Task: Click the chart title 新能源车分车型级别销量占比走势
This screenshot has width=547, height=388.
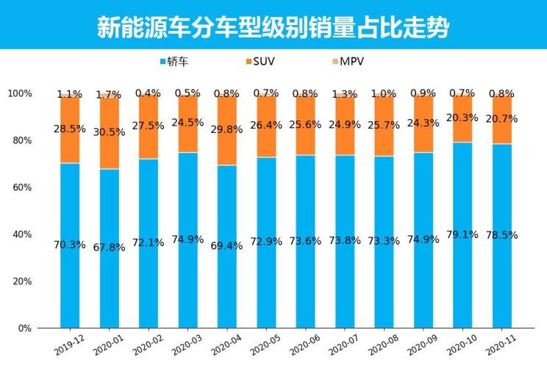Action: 273,26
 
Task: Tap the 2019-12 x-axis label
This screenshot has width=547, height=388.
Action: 69,342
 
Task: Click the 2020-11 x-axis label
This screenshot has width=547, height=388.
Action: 501,342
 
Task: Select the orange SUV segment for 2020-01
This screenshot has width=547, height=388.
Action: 109,132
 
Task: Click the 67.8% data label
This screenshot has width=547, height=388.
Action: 109,248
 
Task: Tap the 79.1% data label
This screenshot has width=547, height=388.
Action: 462,234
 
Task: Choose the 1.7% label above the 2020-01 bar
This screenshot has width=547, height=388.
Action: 109,95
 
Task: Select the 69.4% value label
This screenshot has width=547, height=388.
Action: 226,246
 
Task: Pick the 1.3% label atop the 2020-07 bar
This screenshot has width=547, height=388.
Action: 344,94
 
